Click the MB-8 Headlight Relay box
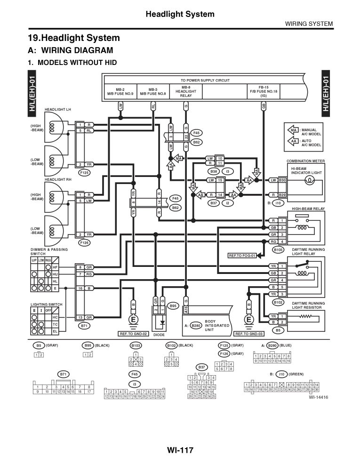(x=186, y=91)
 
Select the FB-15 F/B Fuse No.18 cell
(x=264, y=91)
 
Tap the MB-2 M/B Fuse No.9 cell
(x=120, y=91)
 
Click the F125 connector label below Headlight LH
(x=85, y=173)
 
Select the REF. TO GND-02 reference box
(x=134, y=334)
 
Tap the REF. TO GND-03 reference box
(x=248, y=334)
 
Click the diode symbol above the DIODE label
(x=162, y=324)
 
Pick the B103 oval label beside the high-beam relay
(x=278, y=250)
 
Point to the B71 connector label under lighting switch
(x=85, y=325)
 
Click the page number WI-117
(x=180, y=450)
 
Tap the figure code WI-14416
(x=319, y=397)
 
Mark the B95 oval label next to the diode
(x=173, y=306)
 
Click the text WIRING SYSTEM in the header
(x=309, y=24)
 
